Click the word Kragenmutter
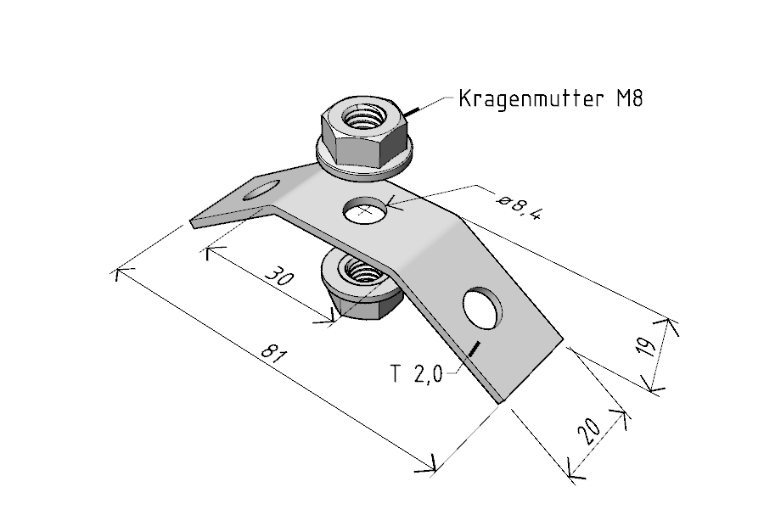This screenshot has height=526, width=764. pyautogui.click(x=530, y=98)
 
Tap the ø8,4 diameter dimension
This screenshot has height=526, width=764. pyautogui.click(x=518, y=207)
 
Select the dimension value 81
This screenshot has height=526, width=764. pyautogui.click(x=272, y=353)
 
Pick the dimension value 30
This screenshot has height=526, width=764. pyautogui.click(x=279, y=276)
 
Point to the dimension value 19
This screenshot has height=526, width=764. pyautogui.click(x=646, y=347)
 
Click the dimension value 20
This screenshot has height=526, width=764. pyautogui.click(x=588, y=431)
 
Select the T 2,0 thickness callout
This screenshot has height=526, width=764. pyautogui.click(x=417, y=374)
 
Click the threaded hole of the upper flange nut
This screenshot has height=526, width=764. pyautogui.click(x=364, y=116)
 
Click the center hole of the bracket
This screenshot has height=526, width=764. pyautogui.click(x=365, y=210)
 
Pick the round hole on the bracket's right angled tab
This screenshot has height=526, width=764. pyautogui.click(x=482, y=308)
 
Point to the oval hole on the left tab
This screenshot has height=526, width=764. pyautogui.click(x=261, y=189)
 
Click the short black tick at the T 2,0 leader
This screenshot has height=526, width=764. pyautogui.click(x=474, y=348)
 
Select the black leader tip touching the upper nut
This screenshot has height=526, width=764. pyautogui.click(x=410, y=111)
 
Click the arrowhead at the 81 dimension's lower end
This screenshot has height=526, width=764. pyautogui.click(x=426, y=466)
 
